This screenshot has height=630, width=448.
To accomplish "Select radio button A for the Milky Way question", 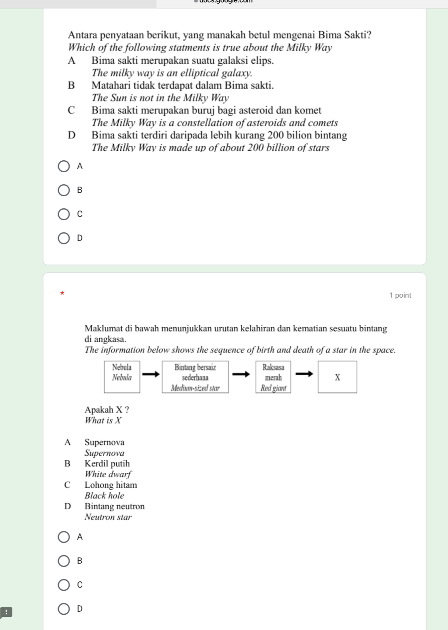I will coord(64,166).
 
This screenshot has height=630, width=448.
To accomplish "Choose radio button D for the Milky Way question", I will coord(64,238).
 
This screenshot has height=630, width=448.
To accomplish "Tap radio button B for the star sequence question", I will coord(64,561).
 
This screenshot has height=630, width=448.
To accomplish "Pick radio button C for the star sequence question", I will coord(64,585).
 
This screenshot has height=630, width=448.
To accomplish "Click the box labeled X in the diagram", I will coord(337,377).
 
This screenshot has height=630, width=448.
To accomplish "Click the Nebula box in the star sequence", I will coord(122,377).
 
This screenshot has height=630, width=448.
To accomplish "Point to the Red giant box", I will coord(273,377).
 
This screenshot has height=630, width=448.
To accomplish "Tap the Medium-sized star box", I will coord(195,377).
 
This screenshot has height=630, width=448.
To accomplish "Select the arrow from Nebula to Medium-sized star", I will coord(151,374).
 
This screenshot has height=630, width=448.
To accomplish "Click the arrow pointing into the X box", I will coord(304,374).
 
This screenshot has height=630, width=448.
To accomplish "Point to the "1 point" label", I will coord(400,295).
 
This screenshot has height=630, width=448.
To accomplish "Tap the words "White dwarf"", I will coord(108,474).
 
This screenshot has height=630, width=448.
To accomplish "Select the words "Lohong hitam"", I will coord(111,485).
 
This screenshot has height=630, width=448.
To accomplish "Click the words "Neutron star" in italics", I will coord(108,517).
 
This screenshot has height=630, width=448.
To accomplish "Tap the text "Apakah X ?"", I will coord(107,410).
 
